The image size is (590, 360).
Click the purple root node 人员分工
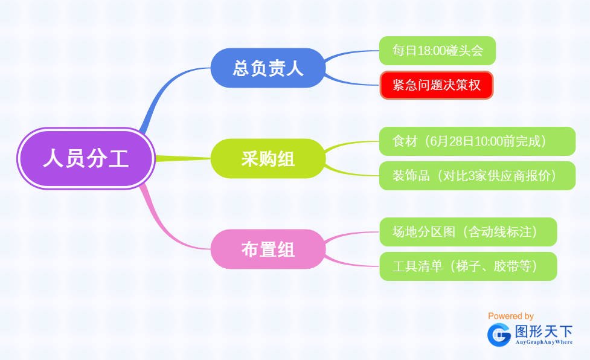click(86, 158)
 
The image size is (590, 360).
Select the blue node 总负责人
click(268, 68)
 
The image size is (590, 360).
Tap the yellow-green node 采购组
click(268, 158)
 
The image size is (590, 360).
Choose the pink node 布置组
click(268, 249)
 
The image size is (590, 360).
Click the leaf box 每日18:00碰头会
click(437, 51)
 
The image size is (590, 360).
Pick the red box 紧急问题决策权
click(437, 85)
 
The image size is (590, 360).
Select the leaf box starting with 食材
click(477, 141)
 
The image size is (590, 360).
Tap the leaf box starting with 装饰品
click(477, 176)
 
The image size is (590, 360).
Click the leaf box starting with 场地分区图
click(468, 232)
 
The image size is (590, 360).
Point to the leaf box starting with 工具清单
click(468, 266)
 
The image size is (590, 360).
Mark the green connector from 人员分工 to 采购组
click(183, 159)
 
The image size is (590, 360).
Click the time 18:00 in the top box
click(432, 51)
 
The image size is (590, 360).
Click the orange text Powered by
click(511, 316)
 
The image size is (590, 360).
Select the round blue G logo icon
click(499, 335)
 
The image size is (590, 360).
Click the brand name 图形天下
click(544, 332)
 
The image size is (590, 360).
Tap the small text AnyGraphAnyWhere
click(544, 342)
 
